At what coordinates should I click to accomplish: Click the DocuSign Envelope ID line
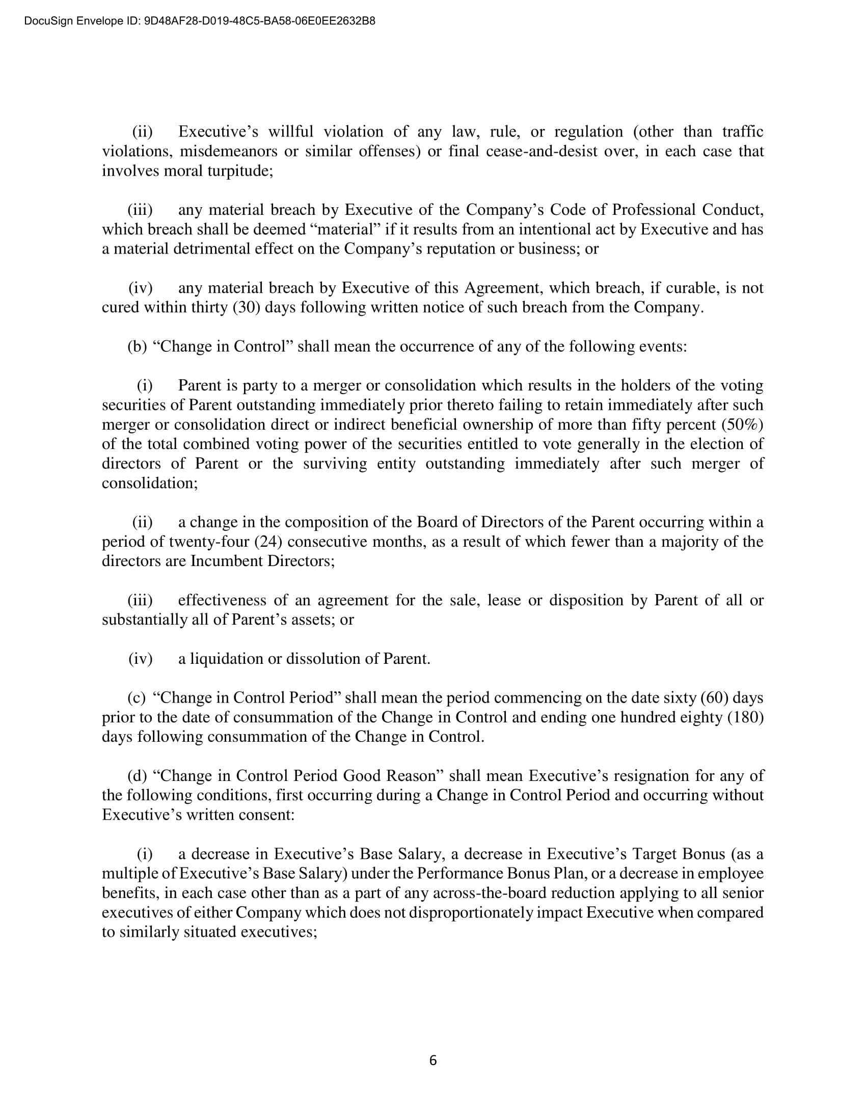[200, 21]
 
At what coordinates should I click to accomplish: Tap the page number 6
[433, 1060]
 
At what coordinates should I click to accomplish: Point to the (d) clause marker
[137, 775]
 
